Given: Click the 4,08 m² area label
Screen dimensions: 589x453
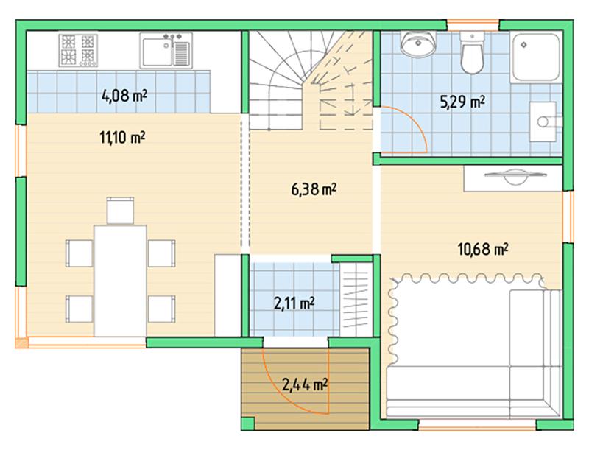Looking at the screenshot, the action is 124,96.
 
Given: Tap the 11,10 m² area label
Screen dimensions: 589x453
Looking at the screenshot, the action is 122,137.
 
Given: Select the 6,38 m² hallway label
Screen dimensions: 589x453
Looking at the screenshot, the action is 314,189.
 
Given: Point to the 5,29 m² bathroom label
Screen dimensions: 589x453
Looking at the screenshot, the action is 462,102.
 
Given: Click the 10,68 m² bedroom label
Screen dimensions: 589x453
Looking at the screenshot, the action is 483,249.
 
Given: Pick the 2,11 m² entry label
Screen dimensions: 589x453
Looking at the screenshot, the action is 294,303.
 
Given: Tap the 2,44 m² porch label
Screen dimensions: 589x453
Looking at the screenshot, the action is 305,385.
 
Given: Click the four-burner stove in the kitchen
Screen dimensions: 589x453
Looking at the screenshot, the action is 78,50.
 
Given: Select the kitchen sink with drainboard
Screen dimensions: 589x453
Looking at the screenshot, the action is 166,51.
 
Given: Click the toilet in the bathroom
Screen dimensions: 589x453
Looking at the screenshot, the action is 472,53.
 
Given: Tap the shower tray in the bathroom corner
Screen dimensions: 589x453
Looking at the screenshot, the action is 536,57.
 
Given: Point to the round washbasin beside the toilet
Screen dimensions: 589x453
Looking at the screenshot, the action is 418,44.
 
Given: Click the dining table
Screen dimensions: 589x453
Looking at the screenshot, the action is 120,281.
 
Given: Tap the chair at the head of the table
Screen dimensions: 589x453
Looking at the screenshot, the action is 120,211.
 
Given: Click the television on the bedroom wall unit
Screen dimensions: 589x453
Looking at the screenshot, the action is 515,176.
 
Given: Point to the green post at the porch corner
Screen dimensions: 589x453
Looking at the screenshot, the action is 247,423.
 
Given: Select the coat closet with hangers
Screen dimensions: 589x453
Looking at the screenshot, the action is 356,300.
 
